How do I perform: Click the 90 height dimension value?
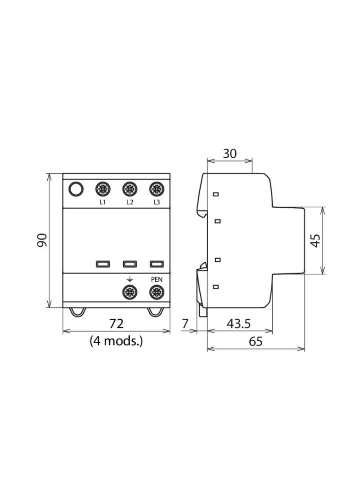click(x=42, y=240)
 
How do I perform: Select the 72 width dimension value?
click(x=117, y=323)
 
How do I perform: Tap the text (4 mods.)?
click(x=116, y=341)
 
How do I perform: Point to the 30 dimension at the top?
click(x=230, y=153)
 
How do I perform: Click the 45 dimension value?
click(x=316, y=240)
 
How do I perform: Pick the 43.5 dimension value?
click(x=238, y=324)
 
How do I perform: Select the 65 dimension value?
click(x=256, y=341)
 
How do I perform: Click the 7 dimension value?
click(x=185, y=324)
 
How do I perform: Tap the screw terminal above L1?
click(x=103, y=189)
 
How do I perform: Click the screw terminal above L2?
click(x=129, y=189)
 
